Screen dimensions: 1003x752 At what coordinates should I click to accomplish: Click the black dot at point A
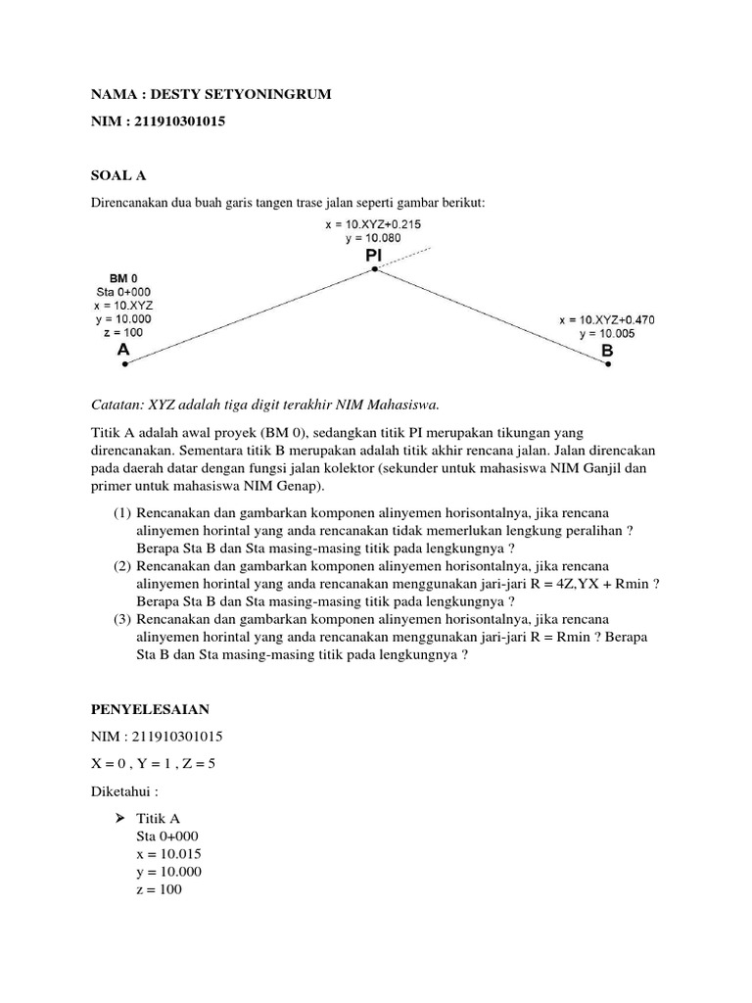[125, 364]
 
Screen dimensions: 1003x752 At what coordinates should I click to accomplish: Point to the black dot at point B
[608, 364]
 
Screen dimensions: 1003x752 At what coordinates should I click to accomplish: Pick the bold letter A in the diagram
[124, 349]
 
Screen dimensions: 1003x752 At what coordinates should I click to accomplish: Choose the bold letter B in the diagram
[607, 350]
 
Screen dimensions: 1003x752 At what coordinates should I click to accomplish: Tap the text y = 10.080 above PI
[373, 238]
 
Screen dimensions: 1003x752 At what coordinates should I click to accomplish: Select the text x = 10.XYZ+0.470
[607, 319]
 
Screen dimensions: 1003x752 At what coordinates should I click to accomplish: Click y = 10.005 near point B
[607, 333]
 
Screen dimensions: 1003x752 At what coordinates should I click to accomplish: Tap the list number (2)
[120, 566]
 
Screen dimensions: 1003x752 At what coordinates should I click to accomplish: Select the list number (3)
[120, 620]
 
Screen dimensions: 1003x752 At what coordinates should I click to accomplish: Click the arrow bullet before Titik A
[121, 818]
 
